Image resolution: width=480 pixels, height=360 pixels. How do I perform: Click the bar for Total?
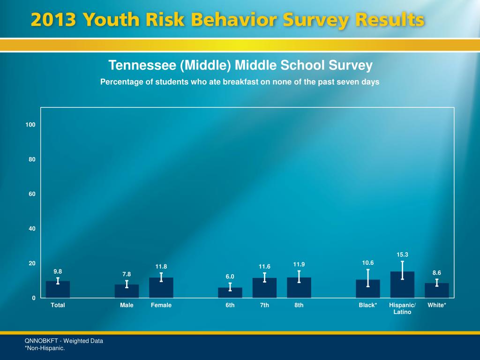[58, 290]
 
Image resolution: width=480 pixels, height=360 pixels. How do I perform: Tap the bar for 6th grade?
[230, 293]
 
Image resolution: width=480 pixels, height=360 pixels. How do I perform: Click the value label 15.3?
[402, 255]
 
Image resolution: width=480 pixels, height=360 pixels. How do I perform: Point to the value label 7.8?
[127, 274]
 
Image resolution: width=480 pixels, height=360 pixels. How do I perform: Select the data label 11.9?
[299, 264]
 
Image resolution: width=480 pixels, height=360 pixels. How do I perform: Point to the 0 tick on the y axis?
[34, 298]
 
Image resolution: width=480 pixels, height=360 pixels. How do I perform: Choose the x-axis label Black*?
[368, 305]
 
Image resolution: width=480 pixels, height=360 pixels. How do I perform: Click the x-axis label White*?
[437, 305]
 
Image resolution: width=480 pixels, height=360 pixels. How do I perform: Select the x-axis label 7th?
[264, 305]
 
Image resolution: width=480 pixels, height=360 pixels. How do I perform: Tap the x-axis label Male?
[127, 305]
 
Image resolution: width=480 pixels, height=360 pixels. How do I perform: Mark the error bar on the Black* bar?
[368, 277]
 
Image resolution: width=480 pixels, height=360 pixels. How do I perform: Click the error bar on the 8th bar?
[299, 277]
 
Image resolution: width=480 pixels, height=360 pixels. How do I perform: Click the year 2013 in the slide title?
[53, 21]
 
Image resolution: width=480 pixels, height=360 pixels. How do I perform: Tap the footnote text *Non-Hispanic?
[45, 348]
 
